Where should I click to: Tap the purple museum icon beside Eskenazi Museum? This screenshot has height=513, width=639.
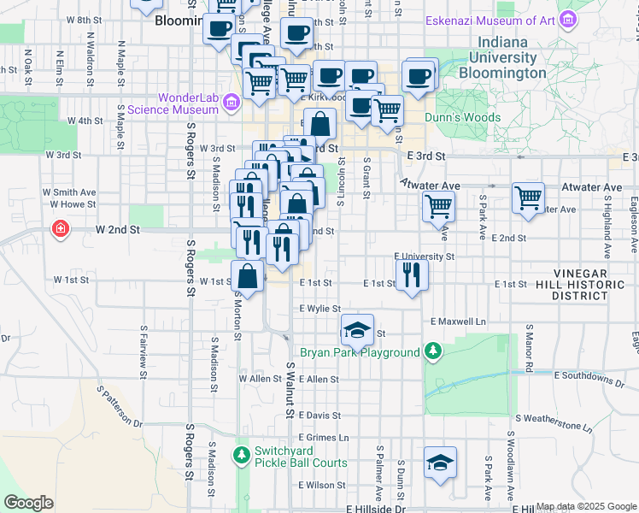pos(566,20)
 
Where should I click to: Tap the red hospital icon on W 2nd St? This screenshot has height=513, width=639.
pos(60,229)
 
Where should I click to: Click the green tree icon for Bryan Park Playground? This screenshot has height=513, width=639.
pos(433,351)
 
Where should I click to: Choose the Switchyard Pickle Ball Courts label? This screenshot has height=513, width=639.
pos(300,457)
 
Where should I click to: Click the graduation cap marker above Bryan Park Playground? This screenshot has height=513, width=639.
pos(357,329)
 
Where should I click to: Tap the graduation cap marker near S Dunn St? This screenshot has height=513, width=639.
pos(440,463)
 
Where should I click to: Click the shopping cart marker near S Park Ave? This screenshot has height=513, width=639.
pos(529,198)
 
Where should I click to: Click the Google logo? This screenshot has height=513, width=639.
pos(29,503)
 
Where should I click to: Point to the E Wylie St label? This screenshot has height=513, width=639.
pos(320,309)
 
